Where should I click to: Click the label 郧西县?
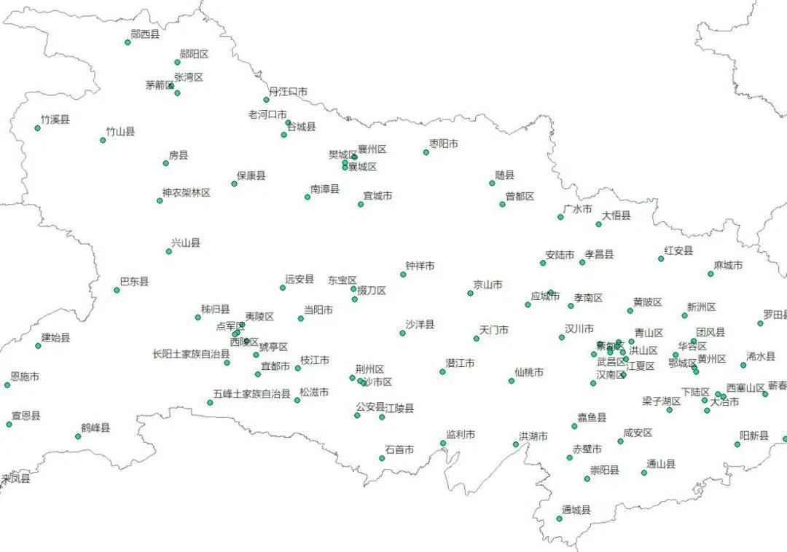coord(144,33)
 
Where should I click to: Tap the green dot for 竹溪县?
coord(38,128)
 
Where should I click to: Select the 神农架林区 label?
coord(186,193)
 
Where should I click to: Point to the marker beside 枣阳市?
coord(426,152)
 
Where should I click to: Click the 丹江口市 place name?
coord(288,92)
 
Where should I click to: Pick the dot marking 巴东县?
coord(117,290)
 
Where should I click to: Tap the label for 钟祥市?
coord(420,267)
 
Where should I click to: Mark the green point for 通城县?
coord(560,519)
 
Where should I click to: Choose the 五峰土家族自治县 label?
coord(252,394)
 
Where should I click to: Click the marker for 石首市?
coord(382,458)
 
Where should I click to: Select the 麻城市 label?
coord(728,266)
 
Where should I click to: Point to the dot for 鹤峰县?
coord(78,437)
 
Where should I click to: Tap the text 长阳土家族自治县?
coord(191,354)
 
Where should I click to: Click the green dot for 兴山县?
coord(169,251)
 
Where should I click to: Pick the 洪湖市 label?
coord(533,437)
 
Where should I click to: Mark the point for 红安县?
coord(661,259)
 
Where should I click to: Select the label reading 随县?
coord(504,176)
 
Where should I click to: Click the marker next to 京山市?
coord(470,293)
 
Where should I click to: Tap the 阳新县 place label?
coord(754,435)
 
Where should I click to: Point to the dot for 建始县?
coord(39,346)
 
